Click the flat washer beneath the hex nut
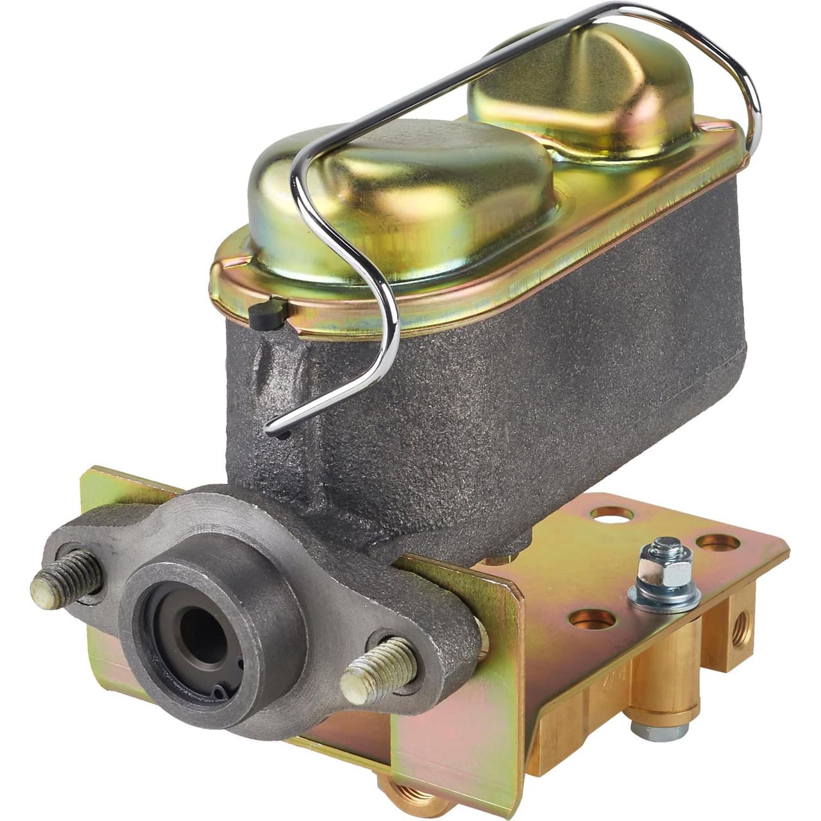[664, 596]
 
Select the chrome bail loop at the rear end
[738, 77]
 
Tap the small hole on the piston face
[221, 690]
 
